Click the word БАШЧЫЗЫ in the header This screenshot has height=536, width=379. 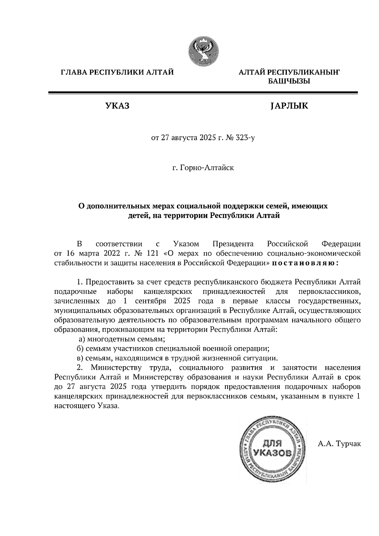(x=289, y=81)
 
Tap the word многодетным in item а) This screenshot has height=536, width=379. (x=108, y=340)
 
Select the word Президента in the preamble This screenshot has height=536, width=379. (x=233, y=244)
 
